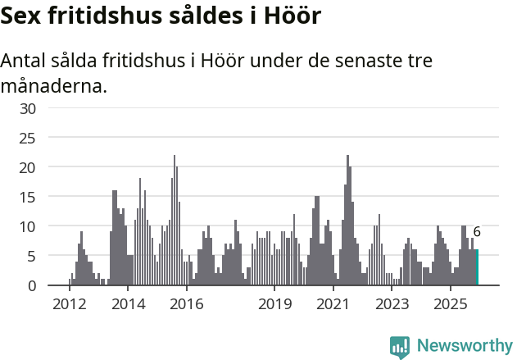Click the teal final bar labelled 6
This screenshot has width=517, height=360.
tap(477, 267)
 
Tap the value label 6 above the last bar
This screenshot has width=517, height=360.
tap(477, 232)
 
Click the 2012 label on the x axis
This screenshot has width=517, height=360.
tap(69, 304)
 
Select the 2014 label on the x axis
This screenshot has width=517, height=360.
tap(128, 304)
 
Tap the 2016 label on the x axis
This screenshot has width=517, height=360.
tap(187, 304)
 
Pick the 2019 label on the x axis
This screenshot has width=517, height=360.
tap(274, 304)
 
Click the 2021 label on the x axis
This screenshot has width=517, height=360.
tap(333, 304)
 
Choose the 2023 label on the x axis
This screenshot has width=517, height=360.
tap(392, 304)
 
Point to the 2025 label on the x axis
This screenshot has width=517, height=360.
tap(451, 304)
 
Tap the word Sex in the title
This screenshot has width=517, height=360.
tap(23, 16)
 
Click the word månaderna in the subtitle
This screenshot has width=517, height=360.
tap(53, 84)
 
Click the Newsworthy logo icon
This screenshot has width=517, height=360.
tap(400, 347)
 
